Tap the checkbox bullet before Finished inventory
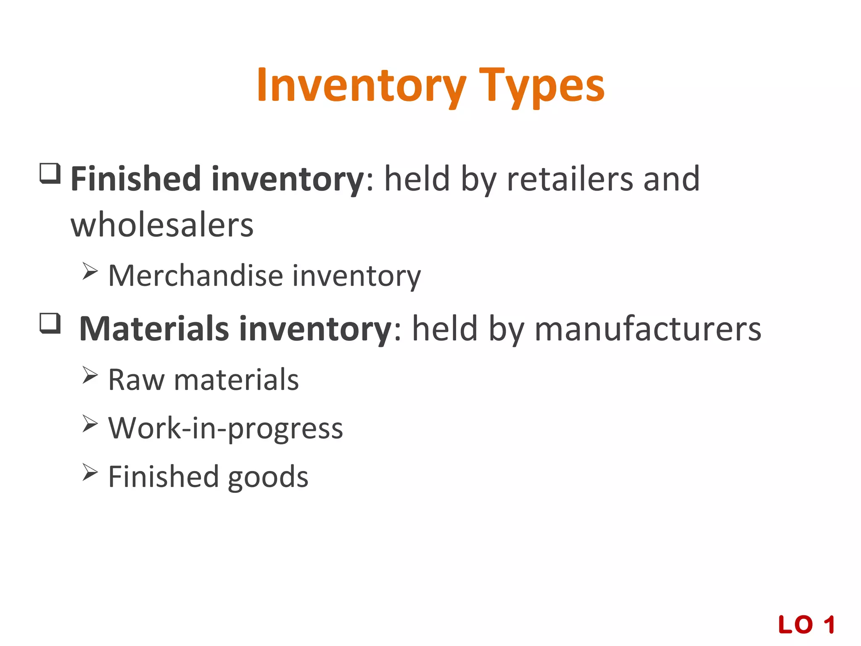click(x=50, y=173)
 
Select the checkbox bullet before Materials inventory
click(x=50, y=323)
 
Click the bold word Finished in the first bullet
click(x=135, y=179)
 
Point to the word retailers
click(x=570, y=179)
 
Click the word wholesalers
click(x=162, y=225)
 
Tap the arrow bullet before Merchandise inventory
click(x=90, y=271)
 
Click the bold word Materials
click(x=154, y=328)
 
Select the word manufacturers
click(x=647, y=328)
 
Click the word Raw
click(x=136, y=380)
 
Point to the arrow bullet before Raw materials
click(x=90, y=375)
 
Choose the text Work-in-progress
click(x=226, y=428)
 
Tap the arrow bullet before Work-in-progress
click(x=90, y=424)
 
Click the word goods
click(x=268, y=477)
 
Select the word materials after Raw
click(x=236, y=380)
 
